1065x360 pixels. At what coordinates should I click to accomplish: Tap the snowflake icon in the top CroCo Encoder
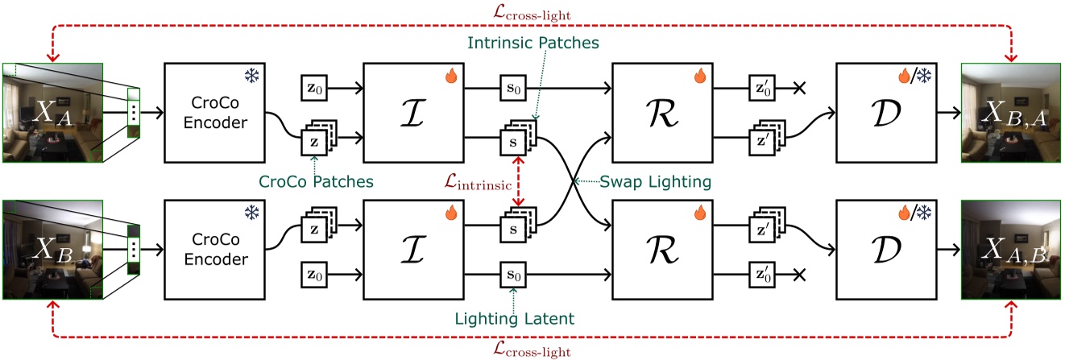251,77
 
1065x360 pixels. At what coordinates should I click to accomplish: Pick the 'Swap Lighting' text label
656,181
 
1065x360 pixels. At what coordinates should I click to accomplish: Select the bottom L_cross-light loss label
532,350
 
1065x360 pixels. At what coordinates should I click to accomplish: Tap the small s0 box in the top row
512,86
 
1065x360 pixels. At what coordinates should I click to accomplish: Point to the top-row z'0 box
762,86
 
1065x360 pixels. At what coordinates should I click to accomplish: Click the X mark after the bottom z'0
799,275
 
